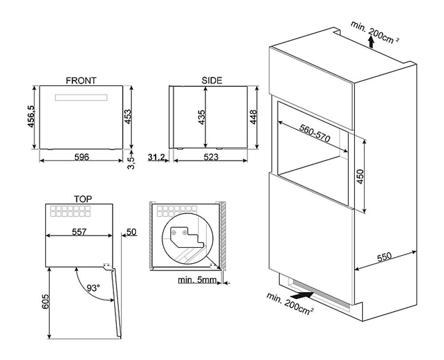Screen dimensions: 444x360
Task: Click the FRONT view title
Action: click(x=81, y=80)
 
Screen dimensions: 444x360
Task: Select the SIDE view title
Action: click(x=212, y=80)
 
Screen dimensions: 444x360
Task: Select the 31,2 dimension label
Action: click(x=156, y=157)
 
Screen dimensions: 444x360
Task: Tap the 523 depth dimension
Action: click(x=211, y=157)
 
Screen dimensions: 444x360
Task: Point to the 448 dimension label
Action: click(x=254, y=117)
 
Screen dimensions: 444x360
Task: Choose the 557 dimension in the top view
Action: click(x=79, y=232)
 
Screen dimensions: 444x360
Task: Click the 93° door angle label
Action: click(x=93, y=288)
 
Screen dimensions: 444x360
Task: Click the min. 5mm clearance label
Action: click(x=197, y=280)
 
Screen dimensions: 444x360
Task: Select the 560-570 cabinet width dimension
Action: click(x=314, y=133)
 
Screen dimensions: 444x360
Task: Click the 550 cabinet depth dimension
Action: click(x=385, y=257)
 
